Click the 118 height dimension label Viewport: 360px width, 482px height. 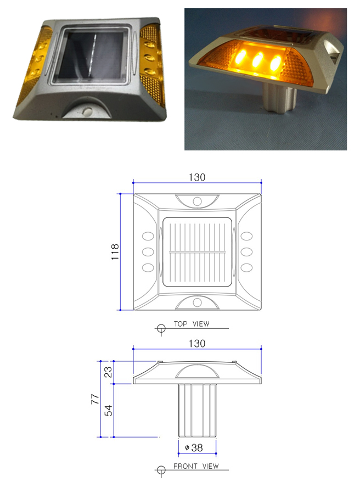click(115, 252)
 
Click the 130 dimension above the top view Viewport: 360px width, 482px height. click(197, 177)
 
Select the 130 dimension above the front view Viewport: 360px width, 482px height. click(197, 343)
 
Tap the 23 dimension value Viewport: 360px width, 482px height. click(108, 372)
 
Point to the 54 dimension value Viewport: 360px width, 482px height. click(108, 411)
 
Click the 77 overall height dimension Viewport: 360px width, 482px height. click(95, 399)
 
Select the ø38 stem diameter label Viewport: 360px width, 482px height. click(194, 447)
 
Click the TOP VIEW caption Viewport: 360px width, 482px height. click(192, 324)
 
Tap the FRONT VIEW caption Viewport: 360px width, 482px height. click(196, 466)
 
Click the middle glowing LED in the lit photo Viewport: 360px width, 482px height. click(258, 59)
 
